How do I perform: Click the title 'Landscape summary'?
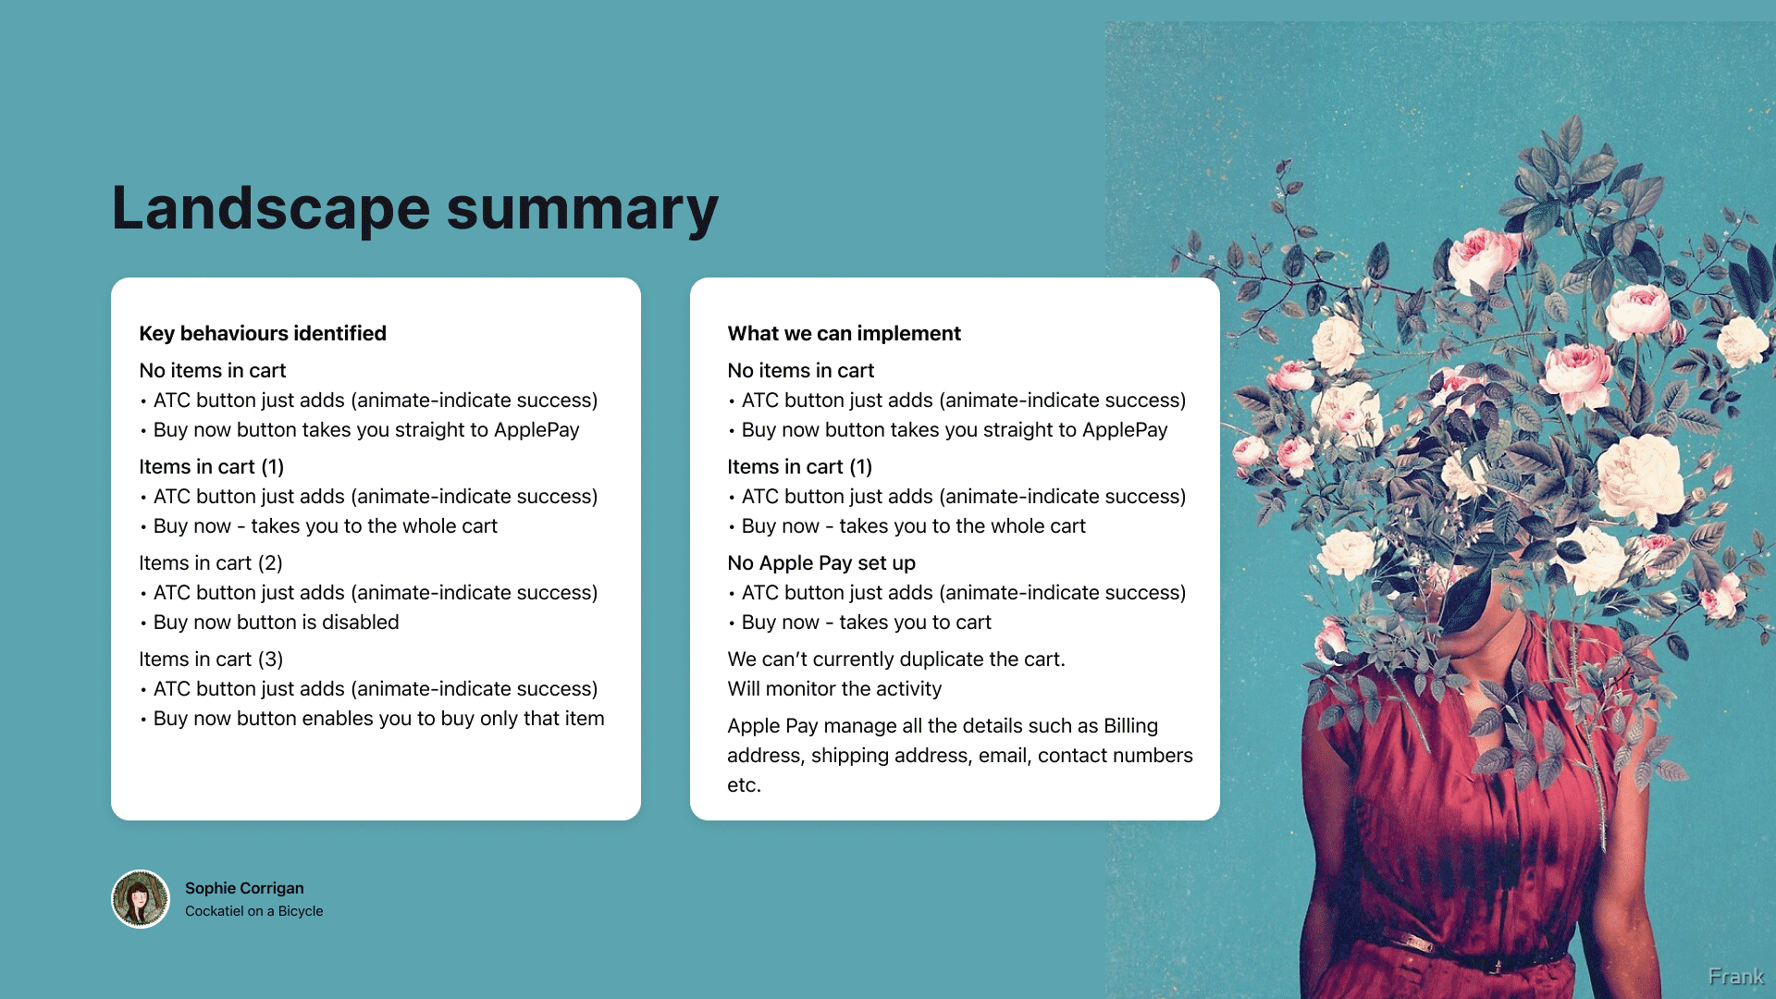point(414,209)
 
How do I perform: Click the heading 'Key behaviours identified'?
point(263,333)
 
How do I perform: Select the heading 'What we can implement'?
point(844,333)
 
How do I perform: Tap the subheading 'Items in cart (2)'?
point(211,562)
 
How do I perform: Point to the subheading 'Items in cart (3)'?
point(211,659)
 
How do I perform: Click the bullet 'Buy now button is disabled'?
point(276,622)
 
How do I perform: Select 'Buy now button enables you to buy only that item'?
point(378,718)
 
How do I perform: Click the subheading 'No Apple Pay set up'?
point(821,562)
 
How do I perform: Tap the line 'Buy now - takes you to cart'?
point(866,622)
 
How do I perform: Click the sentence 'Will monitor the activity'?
point(834,688)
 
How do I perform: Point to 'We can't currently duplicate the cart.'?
point(896,659)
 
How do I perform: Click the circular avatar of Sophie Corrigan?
point(141,898)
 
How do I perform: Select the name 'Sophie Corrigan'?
point(244,888)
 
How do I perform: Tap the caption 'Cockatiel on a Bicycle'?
point(254,911)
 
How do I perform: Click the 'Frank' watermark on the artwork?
point(1735,977)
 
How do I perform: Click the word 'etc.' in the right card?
point(744,784)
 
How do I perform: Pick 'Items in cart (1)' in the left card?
point(211,466)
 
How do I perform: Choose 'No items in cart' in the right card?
point(800,370)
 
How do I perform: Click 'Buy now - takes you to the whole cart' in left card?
point(325,525)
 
